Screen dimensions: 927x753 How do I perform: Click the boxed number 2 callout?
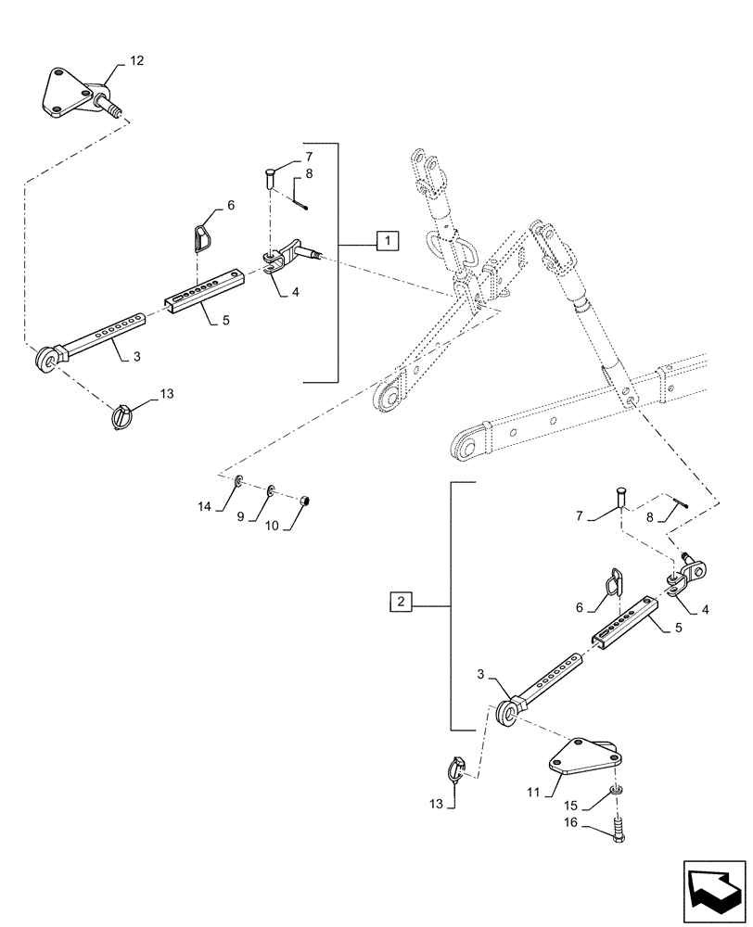[x=401, y=603]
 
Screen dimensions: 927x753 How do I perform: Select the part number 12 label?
[x=136, y=61]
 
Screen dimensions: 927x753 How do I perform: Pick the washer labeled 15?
[x=617, y=790]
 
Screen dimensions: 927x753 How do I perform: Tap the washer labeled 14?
[x=238, y=481]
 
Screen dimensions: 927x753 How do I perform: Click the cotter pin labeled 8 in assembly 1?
[x=300, y=196]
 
